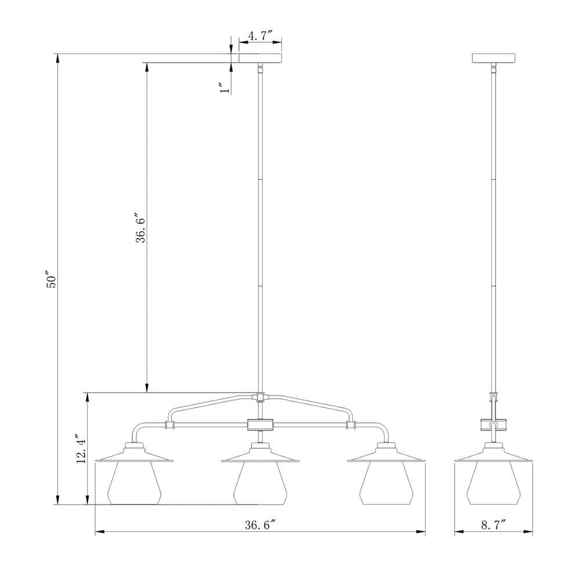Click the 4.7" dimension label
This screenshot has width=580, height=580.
click(260, 36)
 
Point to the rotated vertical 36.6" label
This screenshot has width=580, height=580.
click(141, 227)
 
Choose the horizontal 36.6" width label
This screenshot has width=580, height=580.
click(259, 525)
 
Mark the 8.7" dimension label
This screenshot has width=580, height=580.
click(493, 525)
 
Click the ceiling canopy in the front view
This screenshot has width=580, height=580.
click(260, 58)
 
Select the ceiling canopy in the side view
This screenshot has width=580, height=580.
click(494, 58)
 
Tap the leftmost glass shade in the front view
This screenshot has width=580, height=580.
click(135, 483)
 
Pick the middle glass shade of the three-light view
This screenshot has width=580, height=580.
click(260, 483)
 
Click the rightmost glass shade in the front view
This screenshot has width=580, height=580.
click(386, 483)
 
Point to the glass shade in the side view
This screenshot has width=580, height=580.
click(494, 483)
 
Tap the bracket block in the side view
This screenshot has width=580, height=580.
click(494, 425)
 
